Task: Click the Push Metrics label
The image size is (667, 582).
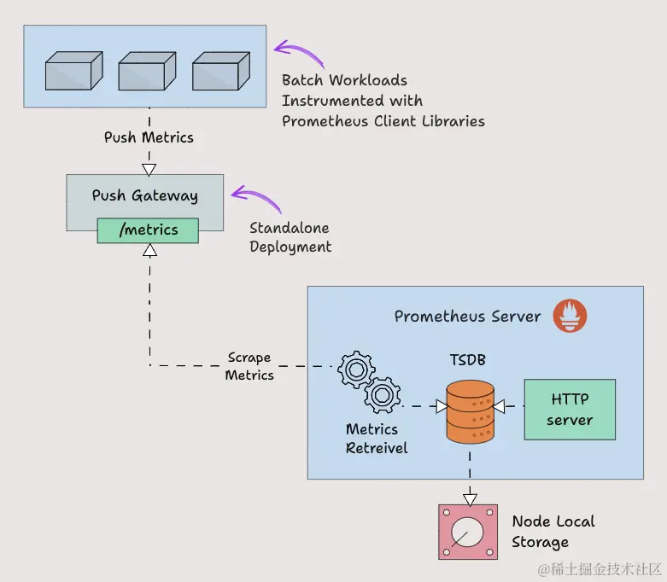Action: (149, 137)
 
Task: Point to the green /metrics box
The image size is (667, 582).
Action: (148, 230)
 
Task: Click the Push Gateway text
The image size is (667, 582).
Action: (145, 195)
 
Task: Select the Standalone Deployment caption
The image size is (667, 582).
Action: (290, 237)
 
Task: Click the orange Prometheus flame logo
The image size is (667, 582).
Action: (570, 315)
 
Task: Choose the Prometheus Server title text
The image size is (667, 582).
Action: (467, 317)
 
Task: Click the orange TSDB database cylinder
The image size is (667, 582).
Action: (470, 412)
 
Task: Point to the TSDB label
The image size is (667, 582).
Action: (468, 360)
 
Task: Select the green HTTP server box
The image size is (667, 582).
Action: (570, 410)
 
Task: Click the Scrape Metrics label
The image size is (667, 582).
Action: (249, 366)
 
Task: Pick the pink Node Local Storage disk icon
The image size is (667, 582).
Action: (467, 533)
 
